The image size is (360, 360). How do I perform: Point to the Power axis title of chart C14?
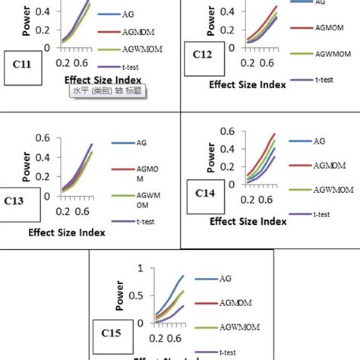click(210, 155)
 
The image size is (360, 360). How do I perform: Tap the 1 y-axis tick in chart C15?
click(139, 268)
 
